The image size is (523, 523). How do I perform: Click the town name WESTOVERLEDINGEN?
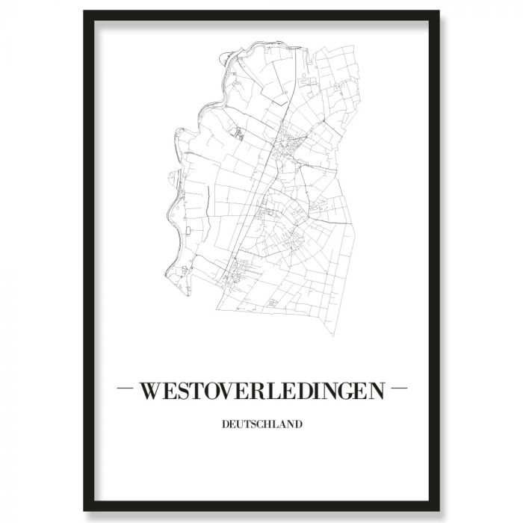coord(261,390)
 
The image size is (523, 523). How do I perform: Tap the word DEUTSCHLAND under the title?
coord(261,425)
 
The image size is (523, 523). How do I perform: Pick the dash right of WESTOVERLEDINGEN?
coord(398,389)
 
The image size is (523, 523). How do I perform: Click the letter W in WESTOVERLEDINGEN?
coord(151,390)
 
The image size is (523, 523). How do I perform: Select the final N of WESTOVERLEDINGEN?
coord(376,390)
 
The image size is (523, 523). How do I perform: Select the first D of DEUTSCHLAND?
coord(226,425)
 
